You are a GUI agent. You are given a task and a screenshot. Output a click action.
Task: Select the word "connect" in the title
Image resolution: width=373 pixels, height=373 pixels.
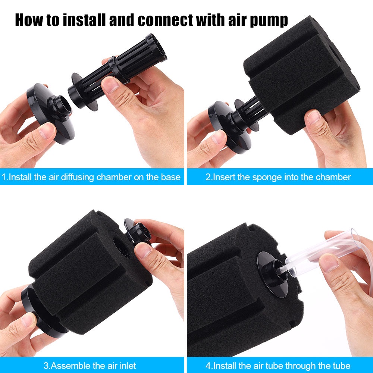click(165, 21)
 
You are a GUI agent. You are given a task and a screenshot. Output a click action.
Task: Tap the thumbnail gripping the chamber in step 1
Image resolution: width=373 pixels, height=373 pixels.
click(110, 84)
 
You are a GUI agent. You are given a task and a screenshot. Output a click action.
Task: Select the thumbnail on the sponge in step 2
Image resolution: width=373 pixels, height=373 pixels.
click(314, 118)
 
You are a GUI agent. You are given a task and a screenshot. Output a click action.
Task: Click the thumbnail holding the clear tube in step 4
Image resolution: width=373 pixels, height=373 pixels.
click(329, 263)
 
